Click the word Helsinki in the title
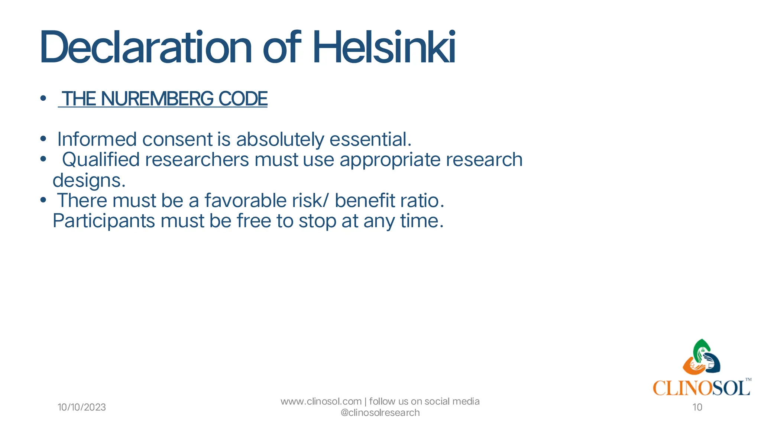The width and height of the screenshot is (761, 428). pos(384,48)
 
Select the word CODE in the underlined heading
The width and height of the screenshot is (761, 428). pos(243,99)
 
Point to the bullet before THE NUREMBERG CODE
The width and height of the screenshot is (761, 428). pos(43,98)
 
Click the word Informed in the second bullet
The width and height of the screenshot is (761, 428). pos(97,139)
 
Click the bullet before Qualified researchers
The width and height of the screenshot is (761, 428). pos(43,159)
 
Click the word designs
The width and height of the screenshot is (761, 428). pos(88,181)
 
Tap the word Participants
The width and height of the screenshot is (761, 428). pos(104,221)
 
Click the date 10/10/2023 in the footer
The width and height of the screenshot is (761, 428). pos(82,407)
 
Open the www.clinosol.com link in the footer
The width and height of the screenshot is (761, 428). pos(321,402)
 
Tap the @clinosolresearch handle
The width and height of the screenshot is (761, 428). pos(380,413)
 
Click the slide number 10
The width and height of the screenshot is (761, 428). pos(697,407)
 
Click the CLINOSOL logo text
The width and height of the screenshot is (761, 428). pos(701,388)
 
